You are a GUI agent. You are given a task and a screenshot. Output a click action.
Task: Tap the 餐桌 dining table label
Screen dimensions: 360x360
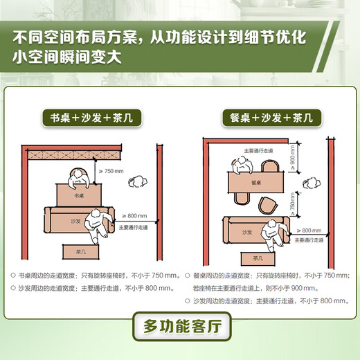[256, 183]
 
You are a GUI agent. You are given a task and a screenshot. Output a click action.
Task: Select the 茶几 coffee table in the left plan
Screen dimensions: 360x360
[78, 250]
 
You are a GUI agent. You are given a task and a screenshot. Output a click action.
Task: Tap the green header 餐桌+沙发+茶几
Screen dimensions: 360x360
[267, 117]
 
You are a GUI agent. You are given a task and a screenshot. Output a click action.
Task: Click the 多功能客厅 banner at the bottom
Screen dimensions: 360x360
[179, 326]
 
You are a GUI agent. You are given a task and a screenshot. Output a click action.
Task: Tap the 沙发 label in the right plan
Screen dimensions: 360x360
[247, 233]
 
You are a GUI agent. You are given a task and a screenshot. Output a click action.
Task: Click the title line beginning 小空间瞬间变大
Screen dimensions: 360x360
[69, 57]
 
